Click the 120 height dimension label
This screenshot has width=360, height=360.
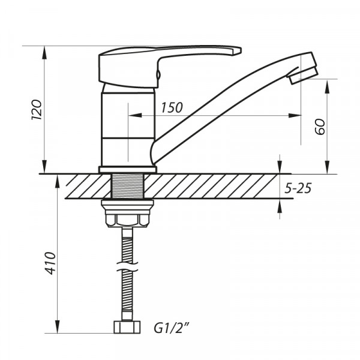click(35, 110)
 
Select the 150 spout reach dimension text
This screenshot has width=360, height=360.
click(172, 107)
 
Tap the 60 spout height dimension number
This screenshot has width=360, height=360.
click(319, 127)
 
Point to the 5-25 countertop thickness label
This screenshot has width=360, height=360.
click(298, 188)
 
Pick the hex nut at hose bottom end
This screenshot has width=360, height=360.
click(127, 327)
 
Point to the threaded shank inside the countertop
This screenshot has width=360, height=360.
click(127, 187)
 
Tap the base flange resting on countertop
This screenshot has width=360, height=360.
click(127, 169)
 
